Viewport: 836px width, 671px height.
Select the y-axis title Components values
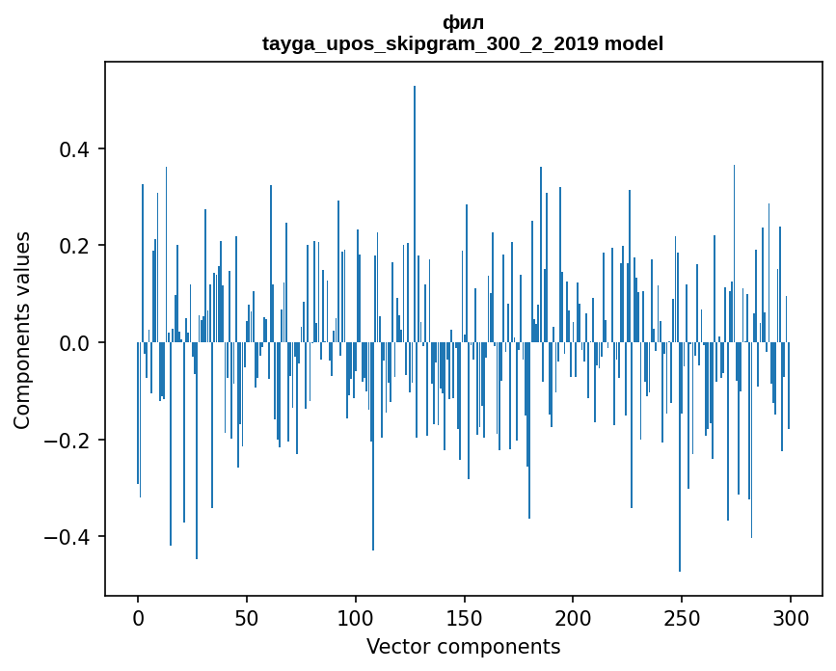22,330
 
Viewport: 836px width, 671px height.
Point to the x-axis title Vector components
463,646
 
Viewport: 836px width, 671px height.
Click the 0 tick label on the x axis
138,617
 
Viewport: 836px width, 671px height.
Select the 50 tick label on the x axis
247,617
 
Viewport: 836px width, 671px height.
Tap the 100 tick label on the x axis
356,617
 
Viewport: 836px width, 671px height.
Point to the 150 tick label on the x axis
464,617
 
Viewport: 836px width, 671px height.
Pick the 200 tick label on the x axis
573,617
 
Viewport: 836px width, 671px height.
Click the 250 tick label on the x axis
682,617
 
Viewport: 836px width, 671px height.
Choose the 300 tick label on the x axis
791,617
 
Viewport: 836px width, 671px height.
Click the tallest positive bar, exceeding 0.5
415,212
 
